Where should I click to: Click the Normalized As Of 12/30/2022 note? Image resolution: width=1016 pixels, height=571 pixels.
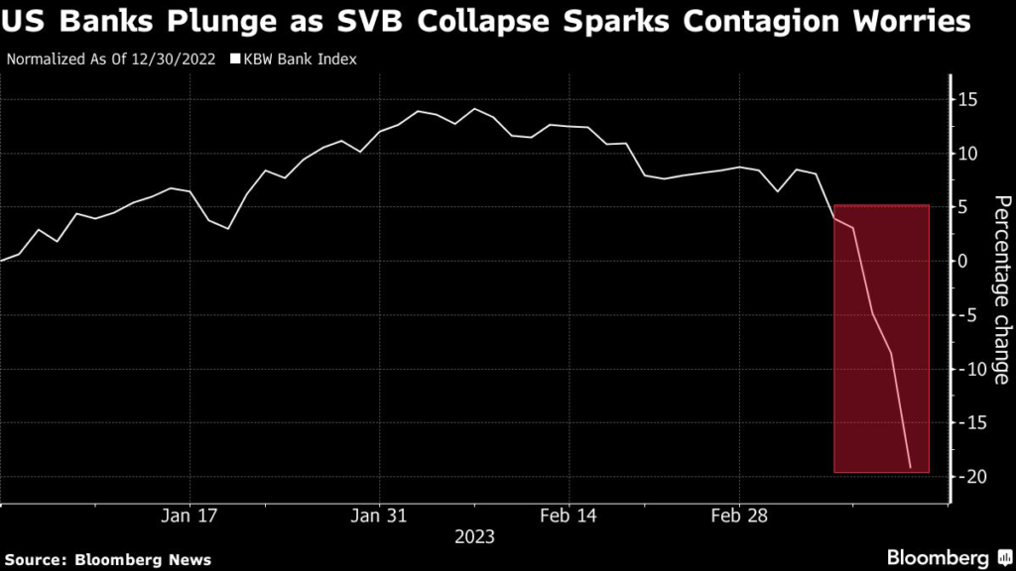tap(112, 58)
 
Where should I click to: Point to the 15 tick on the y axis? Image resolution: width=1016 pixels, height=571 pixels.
tap(968, 100)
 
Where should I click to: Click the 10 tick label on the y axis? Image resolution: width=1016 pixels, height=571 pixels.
tap(968, 154)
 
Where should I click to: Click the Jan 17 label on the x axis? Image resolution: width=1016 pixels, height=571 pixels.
tap(190, 516)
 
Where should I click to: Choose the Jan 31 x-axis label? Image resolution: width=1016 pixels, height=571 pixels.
tap(380, 516)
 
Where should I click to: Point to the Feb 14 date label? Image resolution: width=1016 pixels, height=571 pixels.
tap(569, 516)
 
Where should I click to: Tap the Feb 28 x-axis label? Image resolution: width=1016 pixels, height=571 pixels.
tap(739, 516)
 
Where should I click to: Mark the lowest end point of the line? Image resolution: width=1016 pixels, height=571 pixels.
tap(910, 468)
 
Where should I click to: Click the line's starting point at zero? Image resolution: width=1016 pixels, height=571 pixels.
tap(2, 260)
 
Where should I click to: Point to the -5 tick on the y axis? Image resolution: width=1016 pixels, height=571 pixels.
tap(968, 315)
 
